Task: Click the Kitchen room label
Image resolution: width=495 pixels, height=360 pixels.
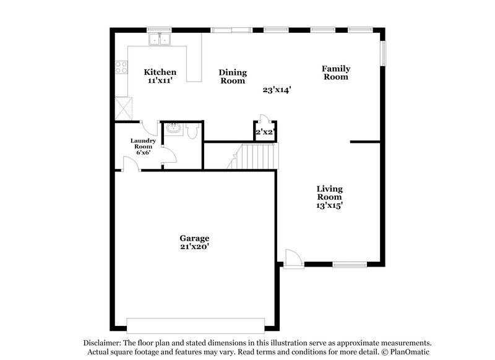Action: point(160,72)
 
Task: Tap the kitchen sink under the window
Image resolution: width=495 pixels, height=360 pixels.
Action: point(160,40)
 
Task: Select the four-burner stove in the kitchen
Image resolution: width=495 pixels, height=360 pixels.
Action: point(120,68)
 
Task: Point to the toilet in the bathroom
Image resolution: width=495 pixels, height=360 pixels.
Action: point(192,131)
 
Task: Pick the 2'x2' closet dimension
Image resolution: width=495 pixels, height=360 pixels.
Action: point(265,132)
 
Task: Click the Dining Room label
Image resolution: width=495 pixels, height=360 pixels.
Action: point(232,76)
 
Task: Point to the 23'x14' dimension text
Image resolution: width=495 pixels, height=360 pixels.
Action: point(277,90)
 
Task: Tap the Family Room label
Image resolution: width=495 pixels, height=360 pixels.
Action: point(335,72)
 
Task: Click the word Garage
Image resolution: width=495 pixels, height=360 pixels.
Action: point(194,238)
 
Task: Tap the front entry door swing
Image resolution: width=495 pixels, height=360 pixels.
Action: point(292,257)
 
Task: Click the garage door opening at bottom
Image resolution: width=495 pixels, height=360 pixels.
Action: point(195,325)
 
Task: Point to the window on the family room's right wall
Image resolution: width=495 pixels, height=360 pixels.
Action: point(384,54)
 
